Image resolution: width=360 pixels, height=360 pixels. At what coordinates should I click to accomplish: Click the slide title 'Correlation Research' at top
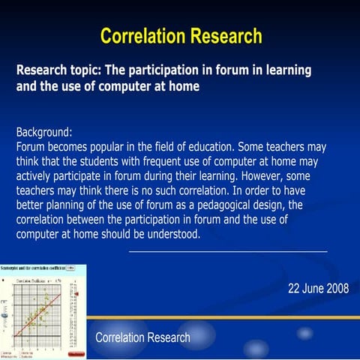181,35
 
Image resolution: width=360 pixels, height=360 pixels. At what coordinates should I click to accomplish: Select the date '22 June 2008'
318,289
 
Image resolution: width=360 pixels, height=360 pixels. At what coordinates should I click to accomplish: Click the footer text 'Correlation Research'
142,337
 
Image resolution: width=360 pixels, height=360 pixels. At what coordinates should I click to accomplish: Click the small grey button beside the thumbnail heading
70,268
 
